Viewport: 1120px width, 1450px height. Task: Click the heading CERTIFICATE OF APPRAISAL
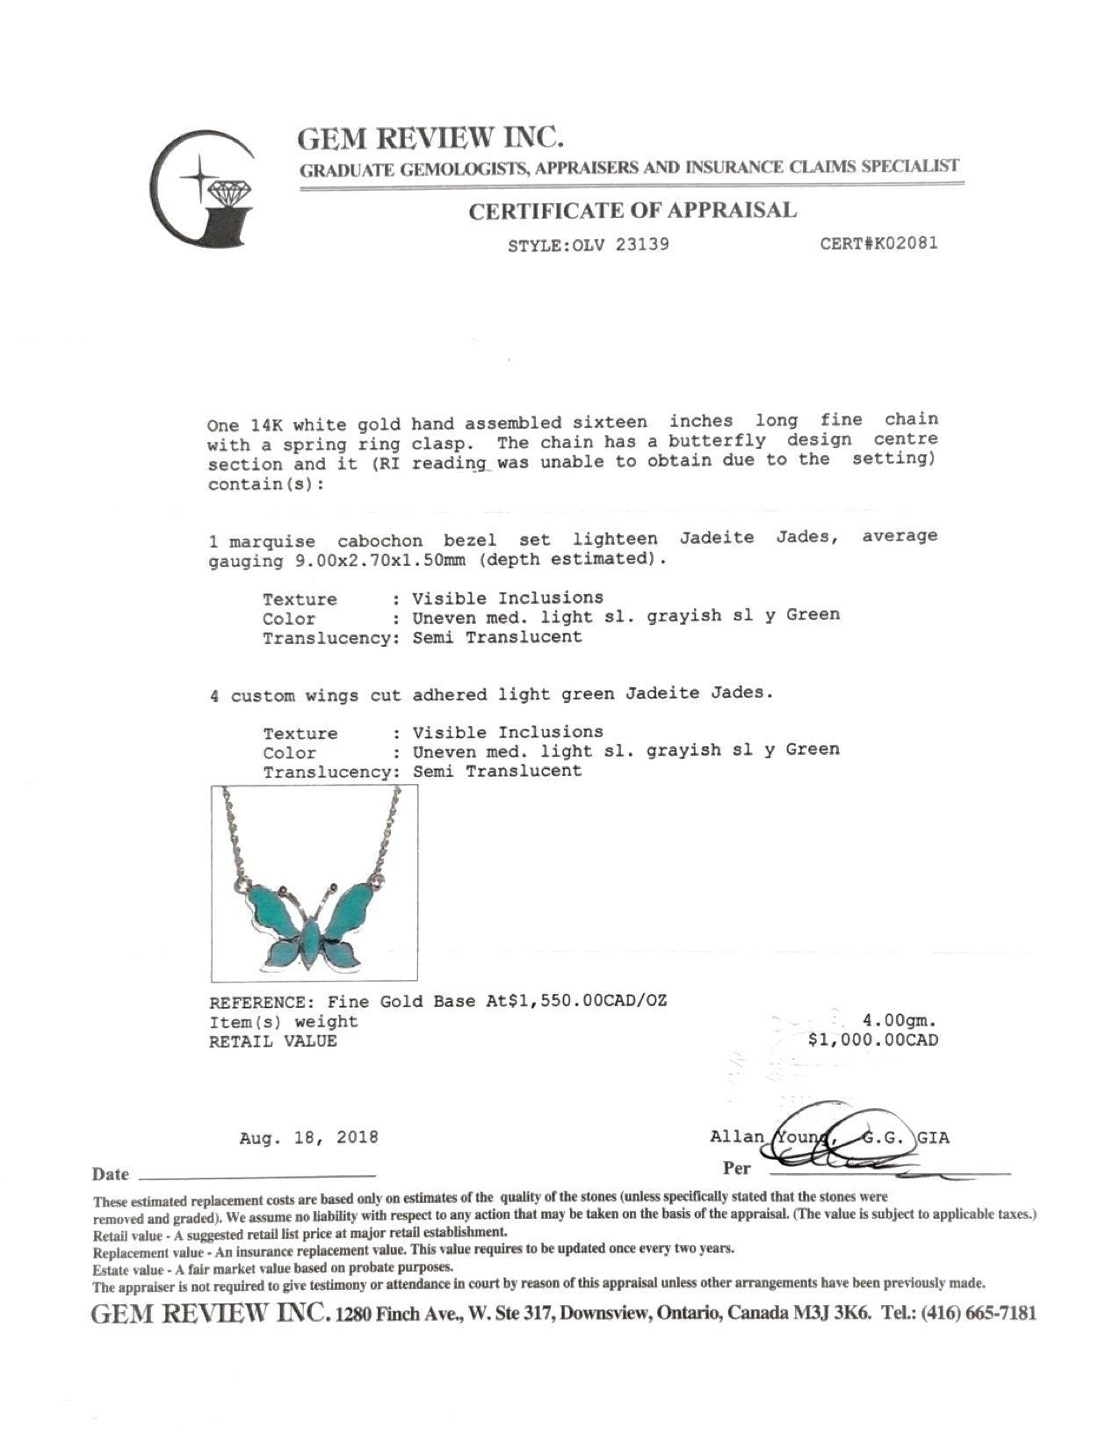point(632,211)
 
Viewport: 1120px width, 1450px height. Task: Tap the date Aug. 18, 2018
point(308,1137)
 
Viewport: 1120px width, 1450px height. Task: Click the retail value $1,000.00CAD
point(872,1040)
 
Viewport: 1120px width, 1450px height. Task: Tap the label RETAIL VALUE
point(272,1041)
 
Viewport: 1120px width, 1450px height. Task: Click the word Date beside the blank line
point(111,1175)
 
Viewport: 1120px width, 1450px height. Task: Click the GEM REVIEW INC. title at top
point(430,138)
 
